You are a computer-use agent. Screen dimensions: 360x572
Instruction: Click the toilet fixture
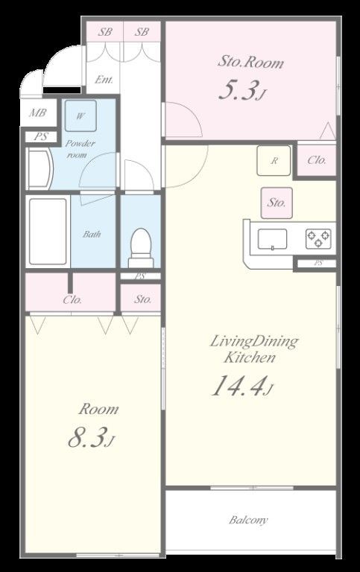141,248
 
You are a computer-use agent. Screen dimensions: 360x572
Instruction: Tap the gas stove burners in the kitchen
318,239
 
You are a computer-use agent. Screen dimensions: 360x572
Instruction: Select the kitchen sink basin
272,239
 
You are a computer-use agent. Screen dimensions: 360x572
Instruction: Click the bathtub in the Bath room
48,232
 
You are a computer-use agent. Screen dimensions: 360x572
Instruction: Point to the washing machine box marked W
80,115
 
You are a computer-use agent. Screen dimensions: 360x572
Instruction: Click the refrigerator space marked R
274,161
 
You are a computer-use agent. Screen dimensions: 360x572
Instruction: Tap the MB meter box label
38,112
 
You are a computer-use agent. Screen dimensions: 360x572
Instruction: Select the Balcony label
248,519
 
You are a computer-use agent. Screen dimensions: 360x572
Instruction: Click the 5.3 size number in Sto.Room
236,89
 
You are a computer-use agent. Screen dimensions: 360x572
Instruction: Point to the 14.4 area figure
238,386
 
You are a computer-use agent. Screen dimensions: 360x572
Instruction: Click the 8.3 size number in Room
87,437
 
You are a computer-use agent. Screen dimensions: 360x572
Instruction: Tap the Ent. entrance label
104,80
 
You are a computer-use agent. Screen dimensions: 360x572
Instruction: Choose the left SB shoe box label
105,32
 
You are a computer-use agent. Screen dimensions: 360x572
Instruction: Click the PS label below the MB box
41,137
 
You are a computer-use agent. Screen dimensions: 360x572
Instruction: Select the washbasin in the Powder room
40,169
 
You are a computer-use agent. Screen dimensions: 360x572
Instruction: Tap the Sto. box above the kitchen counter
277,203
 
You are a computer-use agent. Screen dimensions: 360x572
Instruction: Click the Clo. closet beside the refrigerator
317,160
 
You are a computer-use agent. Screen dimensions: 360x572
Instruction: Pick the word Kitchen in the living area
250,357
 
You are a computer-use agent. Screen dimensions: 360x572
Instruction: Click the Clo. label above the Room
72,300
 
